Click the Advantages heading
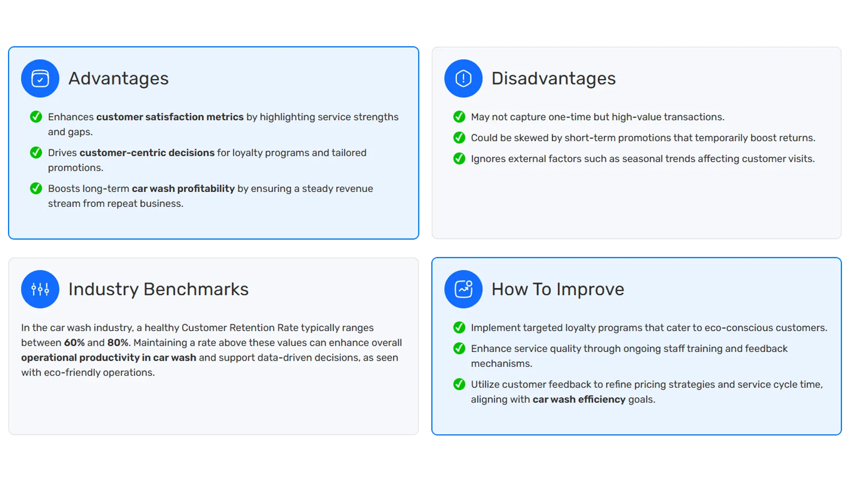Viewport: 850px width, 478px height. tap(118, 79)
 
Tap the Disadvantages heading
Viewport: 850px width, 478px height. tap(553, 79)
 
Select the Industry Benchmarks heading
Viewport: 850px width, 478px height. tap(158, 289)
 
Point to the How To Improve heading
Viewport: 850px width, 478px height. tap(557, 289)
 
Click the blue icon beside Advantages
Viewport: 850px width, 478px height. tap(40, 79)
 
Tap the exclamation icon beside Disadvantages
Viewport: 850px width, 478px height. tap(463, 79)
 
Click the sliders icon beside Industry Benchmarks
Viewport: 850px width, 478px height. tap(40, 289)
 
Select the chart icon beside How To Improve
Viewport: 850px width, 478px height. tap(463, 289)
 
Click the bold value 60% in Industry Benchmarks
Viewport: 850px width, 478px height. tap(74, 343)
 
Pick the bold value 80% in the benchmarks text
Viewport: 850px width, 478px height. tap(118, 343)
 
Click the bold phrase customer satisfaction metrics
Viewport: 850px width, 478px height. tap(169, 117)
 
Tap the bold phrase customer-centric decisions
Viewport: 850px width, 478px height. tap(147, 153)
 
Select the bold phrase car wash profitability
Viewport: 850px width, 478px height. tap(183, 189)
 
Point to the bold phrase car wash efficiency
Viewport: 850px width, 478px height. tap(579, 399)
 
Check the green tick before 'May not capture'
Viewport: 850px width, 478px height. tap(459, 117)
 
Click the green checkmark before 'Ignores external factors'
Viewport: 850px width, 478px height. tap(459, 159)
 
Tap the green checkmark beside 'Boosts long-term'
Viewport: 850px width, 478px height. tap(36, 189)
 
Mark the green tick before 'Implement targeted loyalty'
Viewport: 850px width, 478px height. tap(459, 328)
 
